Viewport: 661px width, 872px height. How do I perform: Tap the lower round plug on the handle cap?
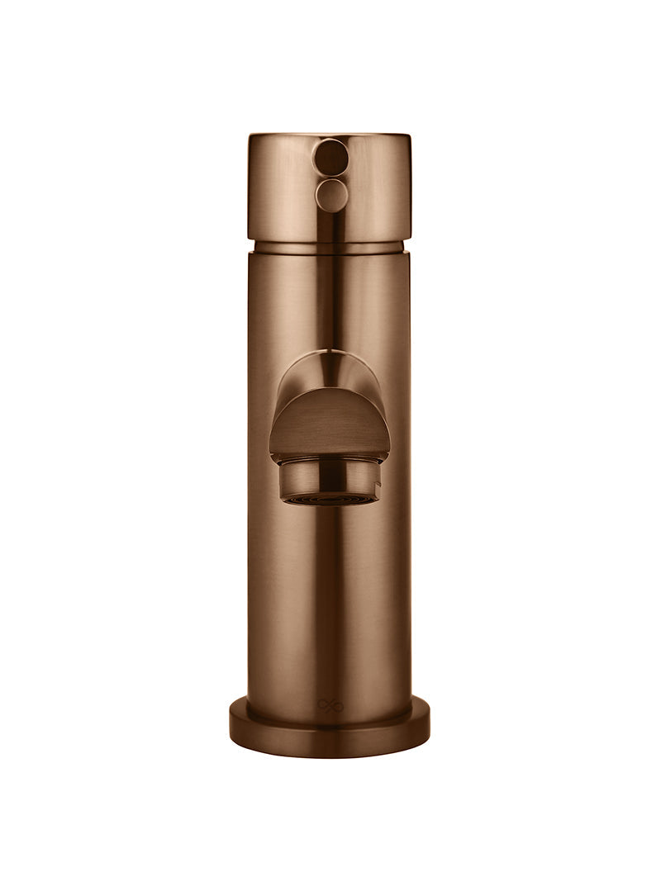pos(331,195)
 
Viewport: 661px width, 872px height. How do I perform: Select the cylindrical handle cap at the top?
pos(372,190)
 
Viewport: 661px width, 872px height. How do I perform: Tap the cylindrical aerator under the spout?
pos(329,479)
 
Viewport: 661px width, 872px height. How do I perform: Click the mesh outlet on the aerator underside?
pos(329,500)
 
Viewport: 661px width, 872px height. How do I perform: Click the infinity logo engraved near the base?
pos(330,705)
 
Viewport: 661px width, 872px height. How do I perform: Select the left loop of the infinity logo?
pos(325,705)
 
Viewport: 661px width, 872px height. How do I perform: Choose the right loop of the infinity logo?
pos(336,705)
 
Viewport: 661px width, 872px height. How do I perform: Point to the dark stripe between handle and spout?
pos(331,297)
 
